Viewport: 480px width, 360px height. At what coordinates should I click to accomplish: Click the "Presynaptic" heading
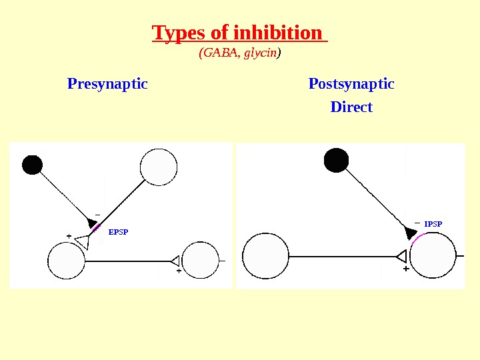click(x=107, y=85)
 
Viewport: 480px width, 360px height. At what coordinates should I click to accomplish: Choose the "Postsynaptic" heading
click(x=351, y=85)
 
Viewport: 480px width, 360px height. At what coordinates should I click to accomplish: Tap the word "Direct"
click(x=351, y=107)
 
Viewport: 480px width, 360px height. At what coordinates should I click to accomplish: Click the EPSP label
click(x=118, y=232)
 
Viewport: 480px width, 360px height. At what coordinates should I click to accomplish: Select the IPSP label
click(x=433, y=224)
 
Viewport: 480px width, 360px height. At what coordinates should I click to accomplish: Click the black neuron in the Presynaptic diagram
click(x=32, y=165)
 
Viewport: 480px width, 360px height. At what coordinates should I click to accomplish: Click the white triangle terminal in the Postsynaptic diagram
click(x=401, y=256)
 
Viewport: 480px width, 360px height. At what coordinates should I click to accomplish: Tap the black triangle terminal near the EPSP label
click(x=93, y=223)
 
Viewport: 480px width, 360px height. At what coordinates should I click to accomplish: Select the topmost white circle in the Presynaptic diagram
click(x=159, y=167)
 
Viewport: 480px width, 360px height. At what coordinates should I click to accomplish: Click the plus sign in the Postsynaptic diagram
click(x=406, y=270)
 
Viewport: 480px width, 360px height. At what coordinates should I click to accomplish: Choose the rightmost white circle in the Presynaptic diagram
click(x=200, y=260)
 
